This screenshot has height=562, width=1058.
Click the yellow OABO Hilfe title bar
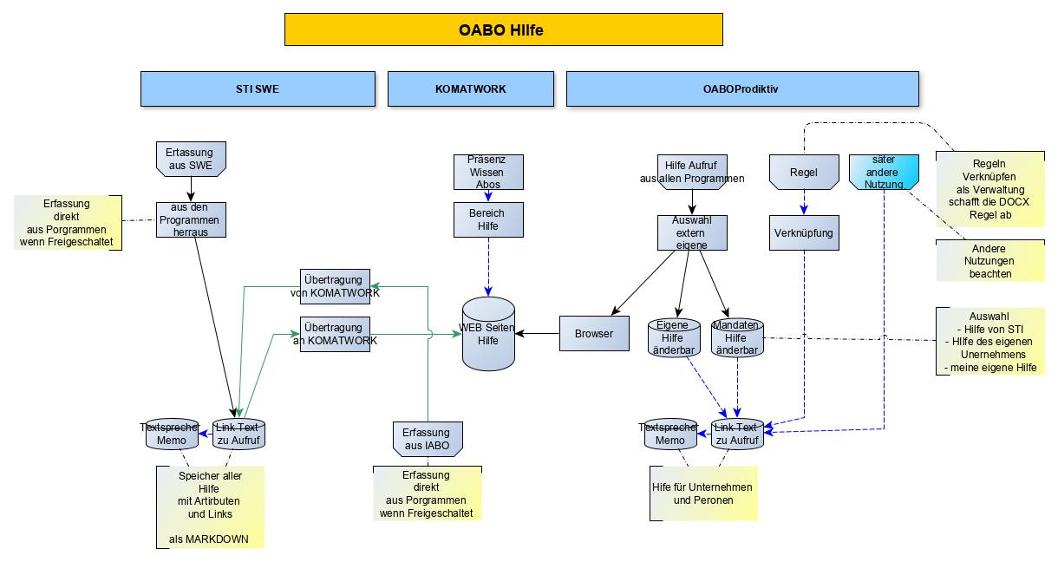(503, 29)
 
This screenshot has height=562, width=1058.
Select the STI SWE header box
(258, 88)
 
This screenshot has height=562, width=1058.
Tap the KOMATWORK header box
(470, 88)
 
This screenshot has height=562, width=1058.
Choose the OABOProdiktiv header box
(741, 88)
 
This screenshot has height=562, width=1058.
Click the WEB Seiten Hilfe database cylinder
(488, 335)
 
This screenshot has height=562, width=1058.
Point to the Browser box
(594, 334)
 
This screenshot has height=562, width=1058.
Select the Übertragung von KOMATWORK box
(335, 286)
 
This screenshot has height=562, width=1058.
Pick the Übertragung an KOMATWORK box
(335, 335)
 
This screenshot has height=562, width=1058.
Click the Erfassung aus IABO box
(427, 438)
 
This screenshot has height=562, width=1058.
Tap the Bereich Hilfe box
(489, 219)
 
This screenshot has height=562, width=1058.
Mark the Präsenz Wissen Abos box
(489, 172)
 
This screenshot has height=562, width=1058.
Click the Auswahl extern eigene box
(691, 232)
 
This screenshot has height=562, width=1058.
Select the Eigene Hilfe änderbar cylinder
(673, 337)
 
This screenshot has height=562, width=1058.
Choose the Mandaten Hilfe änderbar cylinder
(736, 337)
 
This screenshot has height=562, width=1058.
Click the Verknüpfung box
(804, 232)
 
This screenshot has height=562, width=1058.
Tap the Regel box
(804, 172)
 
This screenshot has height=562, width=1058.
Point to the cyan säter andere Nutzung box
(883, 172)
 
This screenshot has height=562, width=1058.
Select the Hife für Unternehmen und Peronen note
(703, 493)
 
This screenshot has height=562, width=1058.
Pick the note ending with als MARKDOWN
(209, 507)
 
